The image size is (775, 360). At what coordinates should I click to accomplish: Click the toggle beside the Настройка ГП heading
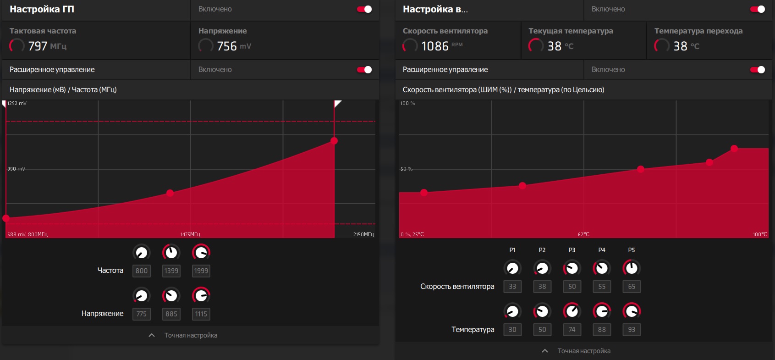(364, 9)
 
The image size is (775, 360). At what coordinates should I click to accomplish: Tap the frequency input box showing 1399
(171, 271)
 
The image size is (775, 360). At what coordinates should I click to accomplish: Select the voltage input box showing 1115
(201, 314)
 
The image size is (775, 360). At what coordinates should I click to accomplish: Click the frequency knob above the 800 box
(142, 253)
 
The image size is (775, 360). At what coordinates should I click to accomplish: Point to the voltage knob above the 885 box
(171, 296)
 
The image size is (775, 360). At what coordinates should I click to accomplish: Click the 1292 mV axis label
(17, 103)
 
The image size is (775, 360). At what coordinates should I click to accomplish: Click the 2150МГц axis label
(363, 234)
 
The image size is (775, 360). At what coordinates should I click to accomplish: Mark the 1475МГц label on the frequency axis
(190, 234)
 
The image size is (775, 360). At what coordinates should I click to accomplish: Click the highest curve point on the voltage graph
(334, 141)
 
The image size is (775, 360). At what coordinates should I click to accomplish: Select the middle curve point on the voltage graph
(170, 193)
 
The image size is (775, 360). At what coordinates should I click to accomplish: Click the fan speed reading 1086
(434, 46)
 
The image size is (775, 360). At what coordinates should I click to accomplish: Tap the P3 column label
(572, 250)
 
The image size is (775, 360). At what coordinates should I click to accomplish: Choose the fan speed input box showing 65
(632, 287)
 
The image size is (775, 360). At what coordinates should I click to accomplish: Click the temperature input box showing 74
(572, 330)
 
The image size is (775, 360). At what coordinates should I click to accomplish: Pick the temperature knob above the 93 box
(632, 311)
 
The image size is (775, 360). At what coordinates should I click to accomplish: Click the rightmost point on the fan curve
(734, 149)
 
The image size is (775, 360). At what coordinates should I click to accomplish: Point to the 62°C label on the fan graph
(583, 234)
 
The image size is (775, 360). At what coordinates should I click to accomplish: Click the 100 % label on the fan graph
(407, 103)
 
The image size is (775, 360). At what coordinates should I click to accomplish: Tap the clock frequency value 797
(38, 46)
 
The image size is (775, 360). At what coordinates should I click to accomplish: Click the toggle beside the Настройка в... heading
(758, 9)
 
